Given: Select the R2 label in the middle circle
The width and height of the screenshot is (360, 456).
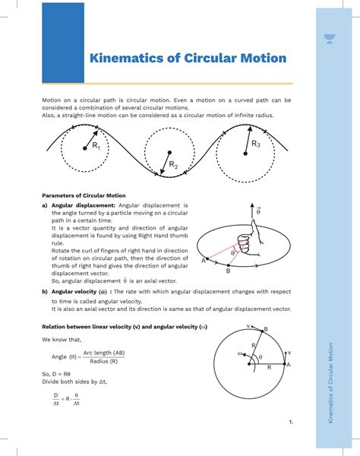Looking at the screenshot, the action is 173,164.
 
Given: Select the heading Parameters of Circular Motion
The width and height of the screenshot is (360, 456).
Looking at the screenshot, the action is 84,195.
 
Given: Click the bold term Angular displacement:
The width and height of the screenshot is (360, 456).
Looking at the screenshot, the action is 84,206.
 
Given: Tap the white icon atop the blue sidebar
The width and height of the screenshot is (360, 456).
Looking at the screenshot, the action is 329,39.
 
